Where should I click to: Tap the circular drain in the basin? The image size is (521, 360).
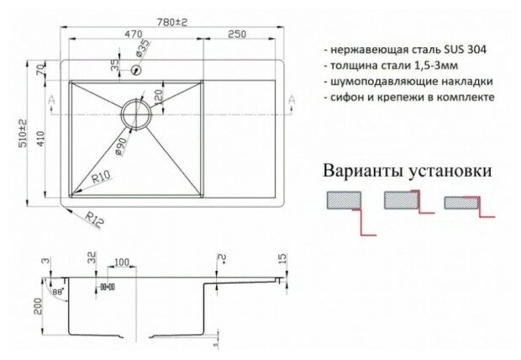click(136, 112)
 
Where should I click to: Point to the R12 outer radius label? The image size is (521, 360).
click(94, 221)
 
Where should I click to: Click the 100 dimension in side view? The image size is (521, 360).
click(122, 263)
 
